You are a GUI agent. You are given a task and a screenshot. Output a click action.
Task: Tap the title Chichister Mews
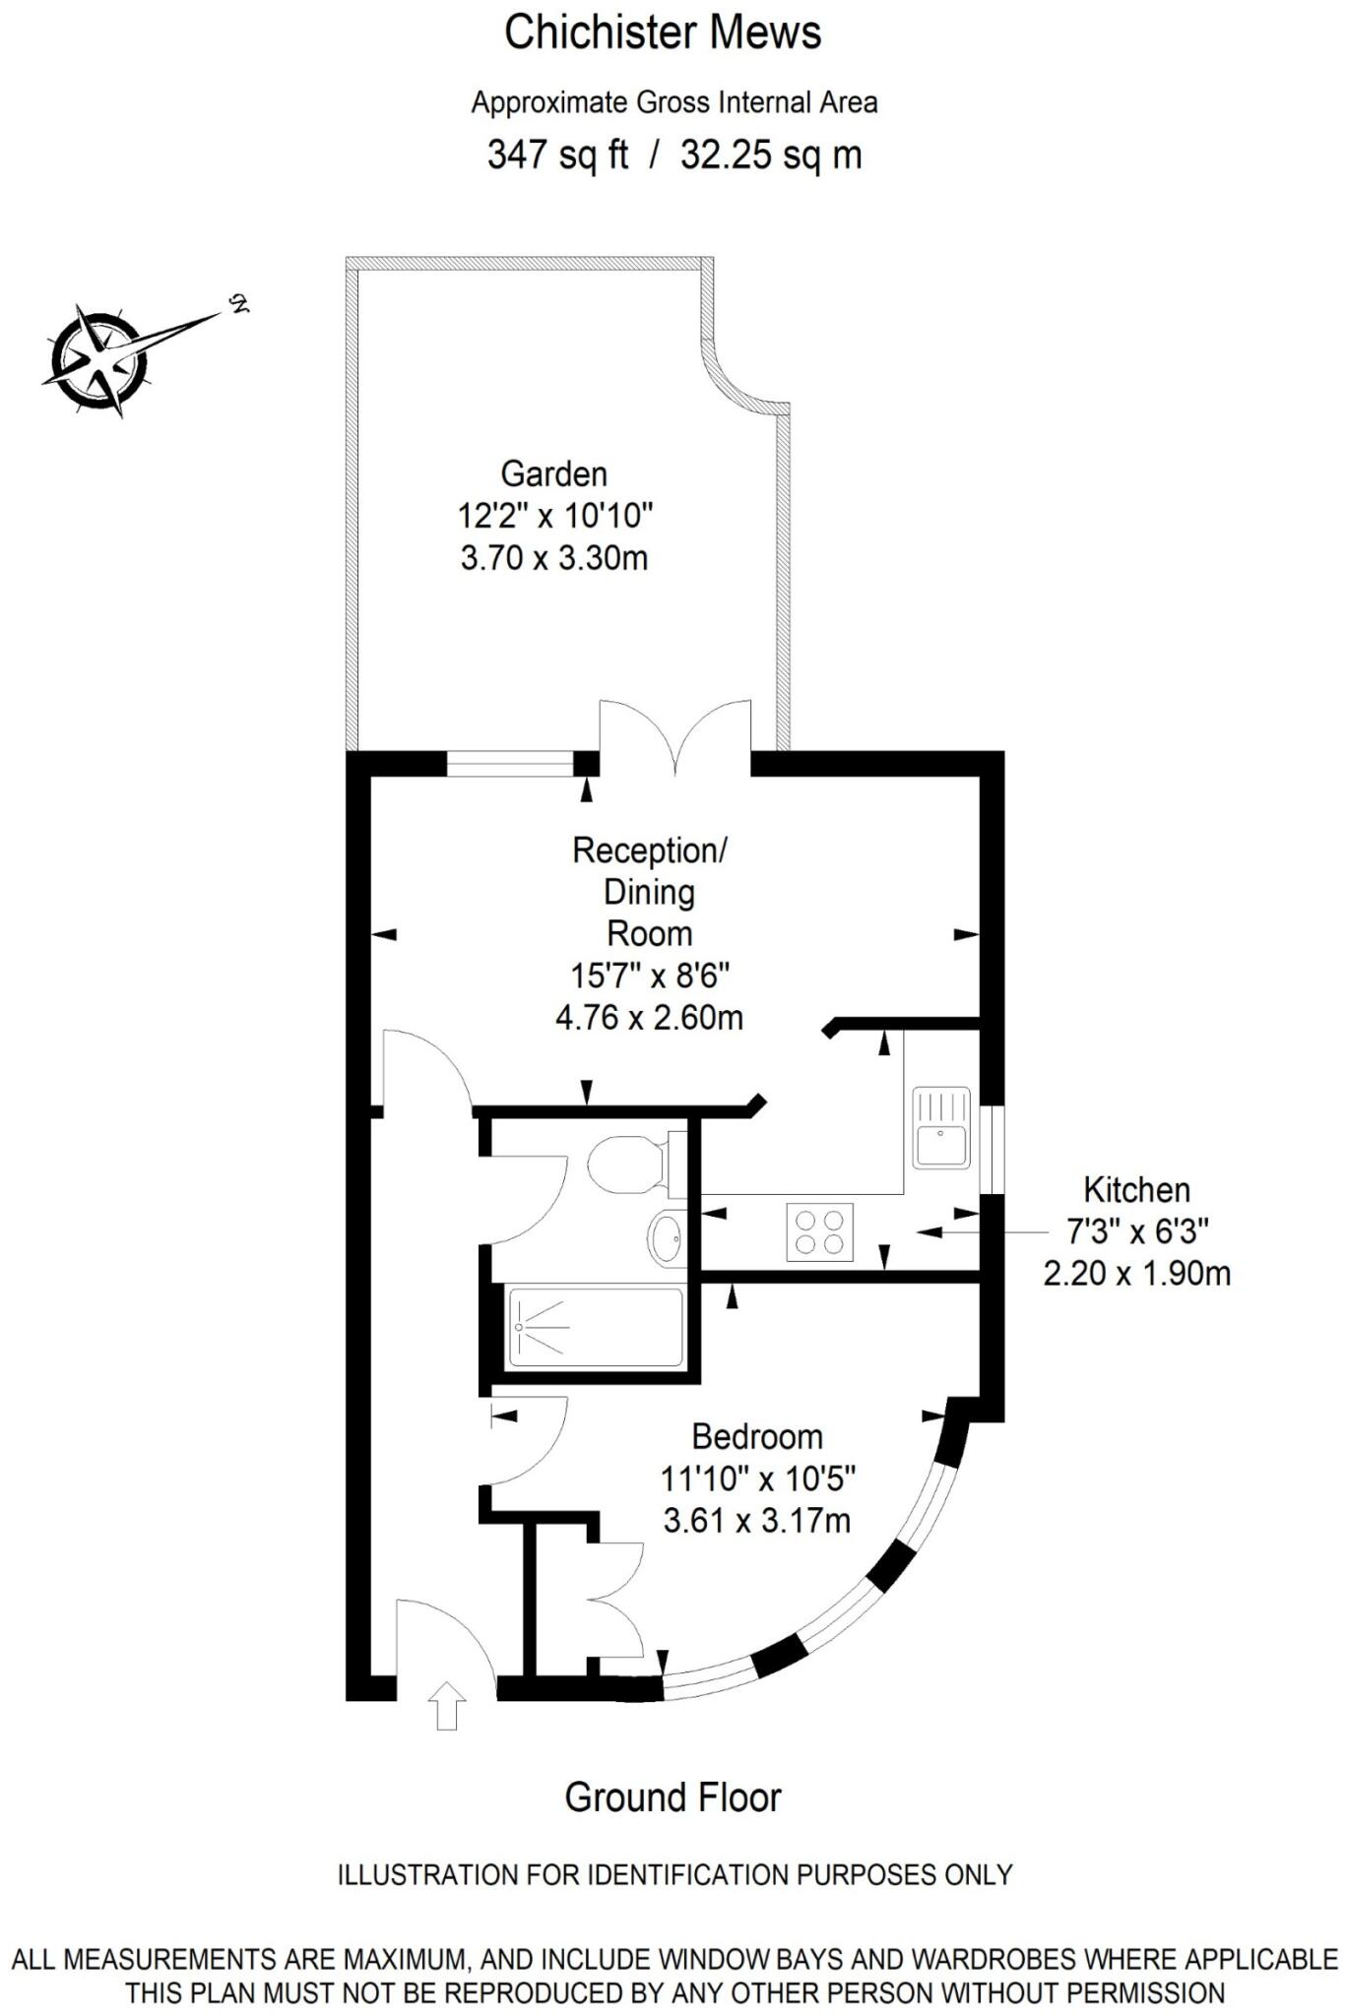663,32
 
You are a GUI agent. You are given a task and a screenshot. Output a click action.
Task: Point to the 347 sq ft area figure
557,155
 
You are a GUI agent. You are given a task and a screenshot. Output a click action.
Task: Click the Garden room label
553,473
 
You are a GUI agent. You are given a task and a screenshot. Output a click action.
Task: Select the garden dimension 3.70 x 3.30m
554,558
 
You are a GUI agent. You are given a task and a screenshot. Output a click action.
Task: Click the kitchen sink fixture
941,1127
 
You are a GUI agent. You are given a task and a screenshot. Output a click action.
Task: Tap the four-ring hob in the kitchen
820,1231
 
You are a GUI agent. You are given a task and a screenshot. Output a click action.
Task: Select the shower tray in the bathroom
596,1327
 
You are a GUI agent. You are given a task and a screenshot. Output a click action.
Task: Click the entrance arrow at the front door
448,1705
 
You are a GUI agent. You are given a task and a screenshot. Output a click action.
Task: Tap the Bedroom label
757,1436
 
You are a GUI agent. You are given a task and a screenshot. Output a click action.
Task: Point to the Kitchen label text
1136,1189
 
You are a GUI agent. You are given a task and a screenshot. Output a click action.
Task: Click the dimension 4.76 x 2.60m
649,1017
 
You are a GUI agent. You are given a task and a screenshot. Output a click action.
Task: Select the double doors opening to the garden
675,733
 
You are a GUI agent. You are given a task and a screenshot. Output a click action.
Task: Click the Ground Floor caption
672,1797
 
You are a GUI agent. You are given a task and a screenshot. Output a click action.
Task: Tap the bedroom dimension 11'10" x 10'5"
757,1479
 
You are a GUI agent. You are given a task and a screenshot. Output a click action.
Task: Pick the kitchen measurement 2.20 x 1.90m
1136,1274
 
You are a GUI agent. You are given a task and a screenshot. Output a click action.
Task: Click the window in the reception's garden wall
510,763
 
